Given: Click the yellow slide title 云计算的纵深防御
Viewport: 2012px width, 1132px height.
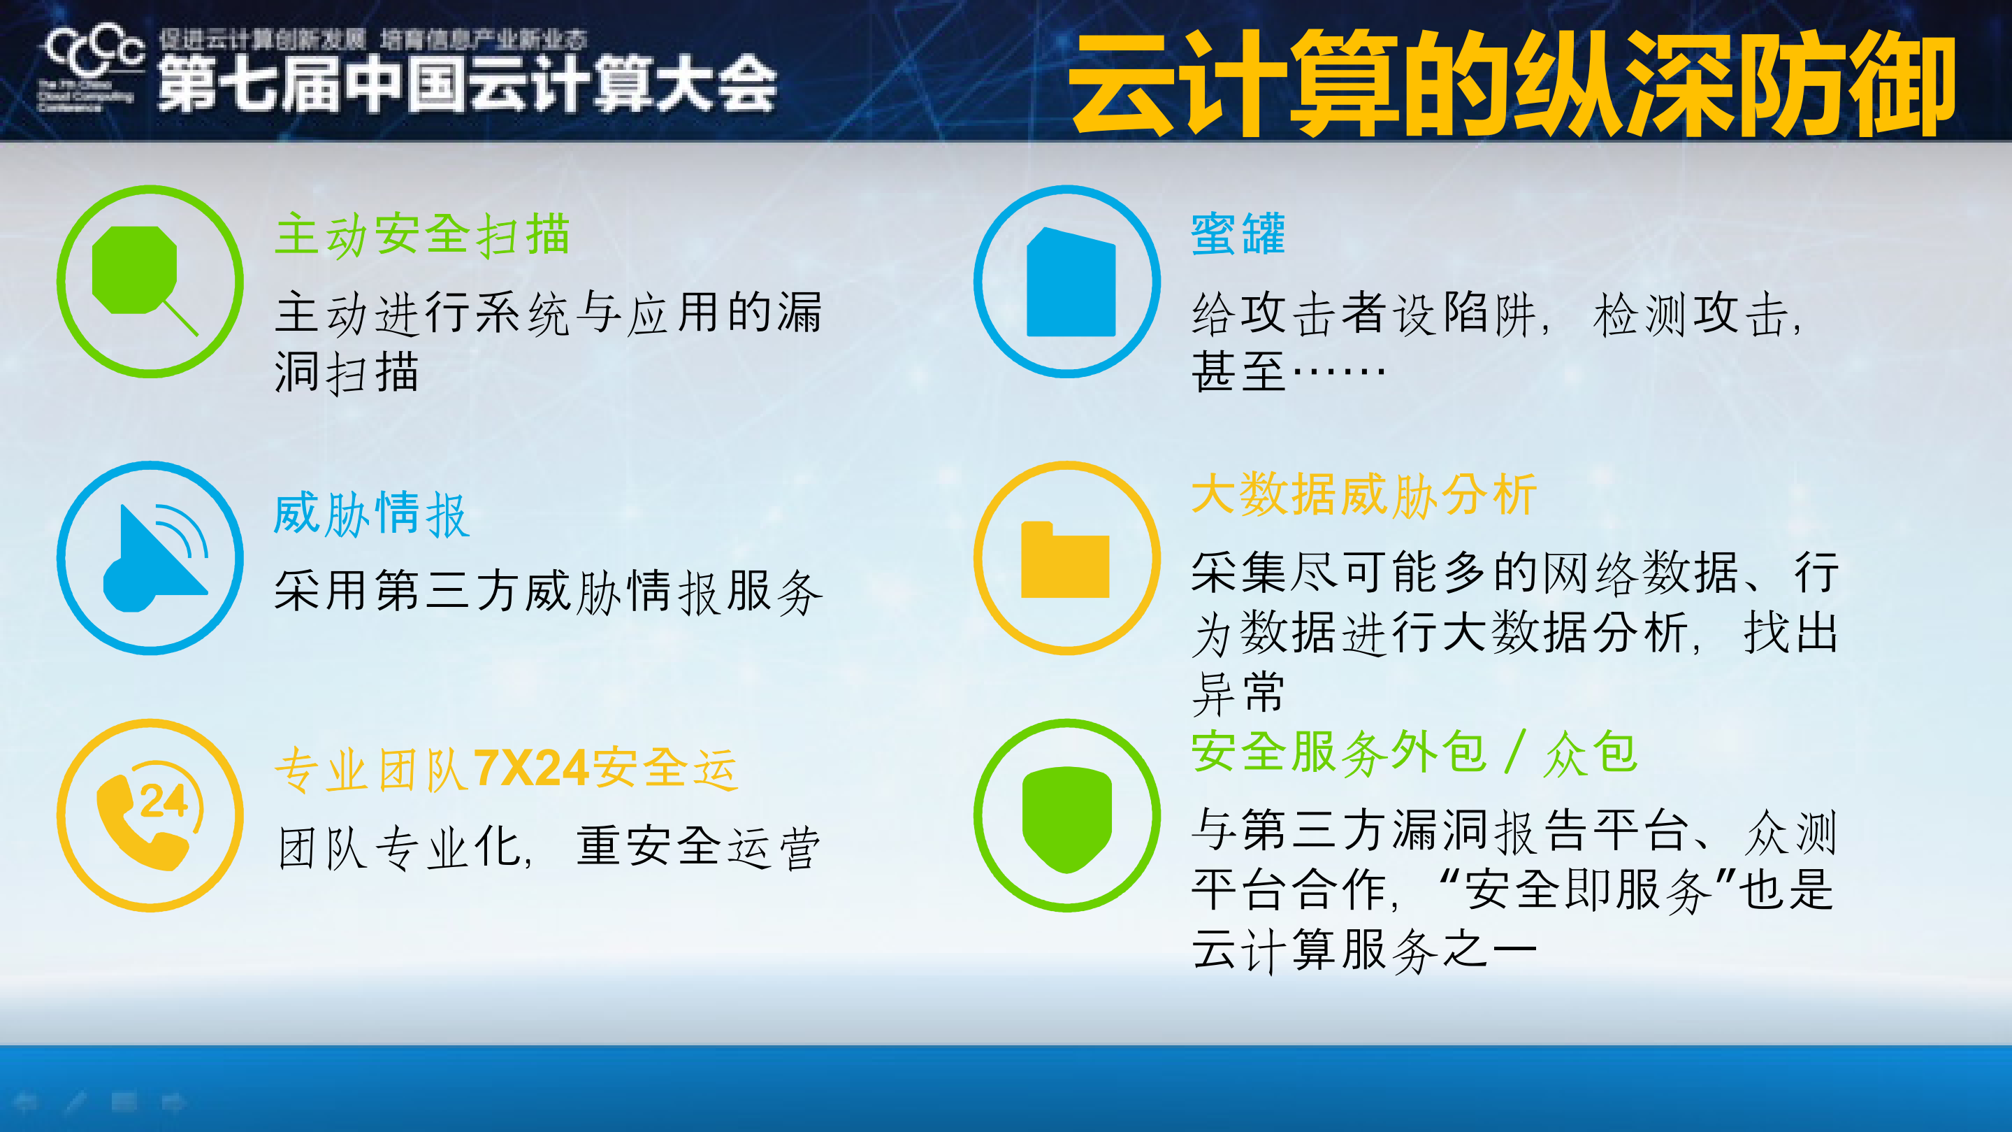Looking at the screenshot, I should click(x=1512, y=85).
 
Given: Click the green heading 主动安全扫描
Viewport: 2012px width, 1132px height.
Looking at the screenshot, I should click(x=422, y=234).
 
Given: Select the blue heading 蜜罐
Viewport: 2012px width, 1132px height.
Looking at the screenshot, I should click(x=1237, y=234).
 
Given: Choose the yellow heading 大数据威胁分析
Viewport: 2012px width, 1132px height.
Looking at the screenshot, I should click(x=1363, y=494).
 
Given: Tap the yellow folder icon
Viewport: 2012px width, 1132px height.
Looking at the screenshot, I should click(x=1064, y=560).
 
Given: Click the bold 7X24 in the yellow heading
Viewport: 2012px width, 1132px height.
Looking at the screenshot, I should click(x=530, y=768).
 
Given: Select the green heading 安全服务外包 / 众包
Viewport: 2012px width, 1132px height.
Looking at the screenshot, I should click(x=1414, y=753).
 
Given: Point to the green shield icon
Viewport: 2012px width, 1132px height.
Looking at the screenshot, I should click(x=1067, y=817).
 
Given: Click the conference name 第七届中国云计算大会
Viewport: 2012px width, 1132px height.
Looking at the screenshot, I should click(x=467, y=85).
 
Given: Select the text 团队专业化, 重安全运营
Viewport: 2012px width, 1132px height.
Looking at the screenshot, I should click(x=549, y=847).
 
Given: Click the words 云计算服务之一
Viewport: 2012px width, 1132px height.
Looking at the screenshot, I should click(x=1363, y=951).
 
